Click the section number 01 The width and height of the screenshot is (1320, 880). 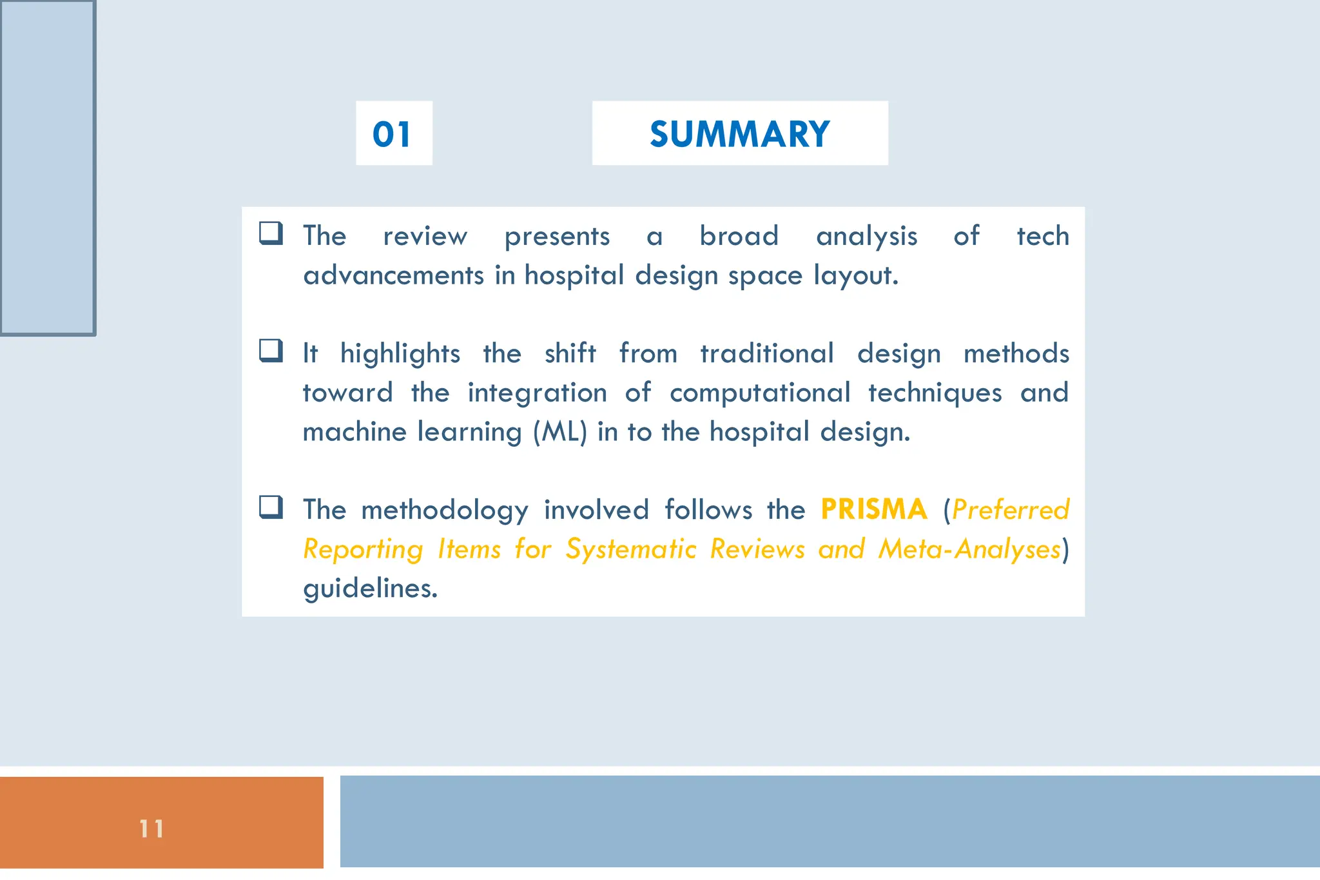tap(392, 135)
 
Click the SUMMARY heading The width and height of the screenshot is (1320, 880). tap(739, 134)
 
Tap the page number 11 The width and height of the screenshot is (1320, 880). tap(151, 828)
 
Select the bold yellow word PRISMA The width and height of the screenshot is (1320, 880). tap(874, 509)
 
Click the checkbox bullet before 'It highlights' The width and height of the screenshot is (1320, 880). tap(271, 351)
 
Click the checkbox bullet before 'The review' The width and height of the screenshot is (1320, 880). tap(271, 233)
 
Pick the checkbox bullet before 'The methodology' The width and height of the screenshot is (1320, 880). tap(271, 507)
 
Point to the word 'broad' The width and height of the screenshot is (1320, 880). tap(739, 236)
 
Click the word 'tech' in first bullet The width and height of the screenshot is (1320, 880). tap(1042, 236)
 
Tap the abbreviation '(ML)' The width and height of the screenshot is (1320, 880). tap(560, 432)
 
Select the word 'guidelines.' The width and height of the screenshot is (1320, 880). tap(371, 588)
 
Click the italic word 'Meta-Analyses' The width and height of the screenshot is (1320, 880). tap(969, 549)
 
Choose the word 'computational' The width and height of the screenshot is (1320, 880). tap(760, 393)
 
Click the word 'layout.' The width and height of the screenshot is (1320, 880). tap(855, 276)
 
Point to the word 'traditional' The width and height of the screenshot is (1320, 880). tap(767, 353)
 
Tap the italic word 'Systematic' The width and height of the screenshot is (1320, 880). tap(631, 549)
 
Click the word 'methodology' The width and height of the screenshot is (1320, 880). tap(445, 511)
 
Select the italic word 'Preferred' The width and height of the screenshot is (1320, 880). tap(1010, 510)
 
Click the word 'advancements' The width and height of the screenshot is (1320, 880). tap(393, 276)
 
